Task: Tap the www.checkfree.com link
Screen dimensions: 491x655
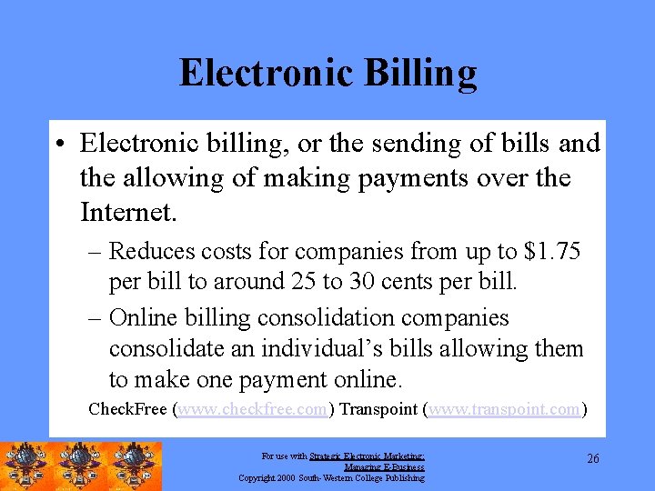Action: [252, 409]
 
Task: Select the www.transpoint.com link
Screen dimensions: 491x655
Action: [504, 409]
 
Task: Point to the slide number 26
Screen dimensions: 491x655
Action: [592, 459]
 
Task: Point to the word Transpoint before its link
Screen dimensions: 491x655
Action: [379, 409]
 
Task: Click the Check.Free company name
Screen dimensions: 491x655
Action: [128, 409]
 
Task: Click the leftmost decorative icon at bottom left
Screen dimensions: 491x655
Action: [27, 466]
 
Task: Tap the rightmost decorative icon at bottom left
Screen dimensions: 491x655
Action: [135, 466]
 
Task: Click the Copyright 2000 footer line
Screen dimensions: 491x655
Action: [331, 477]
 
